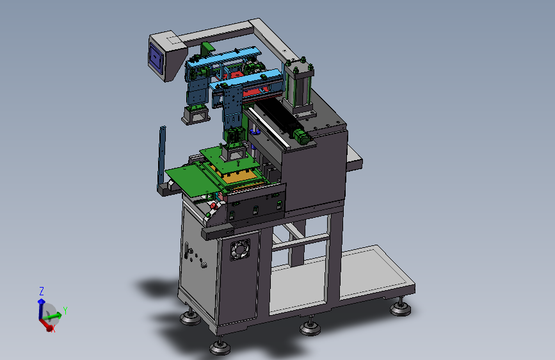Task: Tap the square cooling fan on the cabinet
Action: point(240,249)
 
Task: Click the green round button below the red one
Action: point(208,215)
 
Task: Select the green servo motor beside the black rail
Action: point(302,136)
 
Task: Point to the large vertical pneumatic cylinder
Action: point(299,86)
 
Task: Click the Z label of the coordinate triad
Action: point(42,291)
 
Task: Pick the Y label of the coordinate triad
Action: point(65,311)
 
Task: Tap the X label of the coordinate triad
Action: point(53,329)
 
